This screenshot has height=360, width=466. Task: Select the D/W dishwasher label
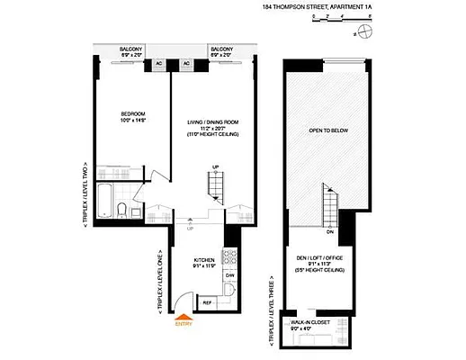[x=229, y=275]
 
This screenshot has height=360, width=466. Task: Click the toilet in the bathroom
[x=122, y=211]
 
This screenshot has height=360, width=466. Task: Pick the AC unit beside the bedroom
[x=158, y=64]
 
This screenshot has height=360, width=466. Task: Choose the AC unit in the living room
[x=187, y=64]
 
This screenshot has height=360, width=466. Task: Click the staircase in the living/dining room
[x=216, y=186]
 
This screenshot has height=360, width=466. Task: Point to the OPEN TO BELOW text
[x=327, y=130]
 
